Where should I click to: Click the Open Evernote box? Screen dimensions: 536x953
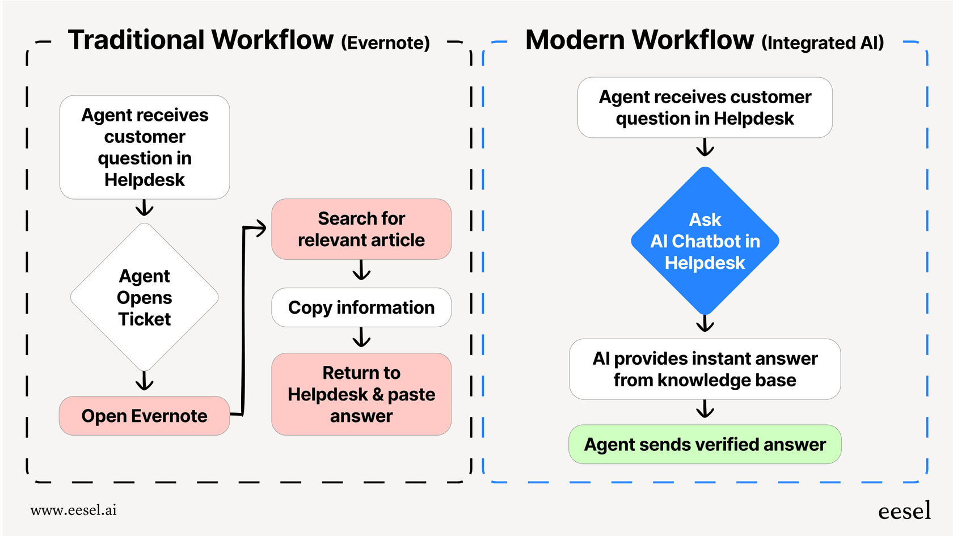coord(144,416)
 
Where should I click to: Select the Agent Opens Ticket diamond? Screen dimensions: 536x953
coord(144,297)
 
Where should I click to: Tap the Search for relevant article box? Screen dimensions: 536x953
coord(361,229)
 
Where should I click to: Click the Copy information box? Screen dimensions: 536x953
coord(361,307)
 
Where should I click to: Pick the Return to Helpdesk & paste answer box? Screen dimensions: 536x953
coord(361,394)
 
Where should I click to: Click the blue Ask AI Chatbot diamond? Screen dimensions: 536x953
coord(705,241)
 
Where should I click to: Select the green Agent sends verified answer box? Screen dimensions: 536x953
coord(705,444)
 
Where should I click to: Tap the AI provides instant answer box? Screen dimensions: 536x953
coord(705,369)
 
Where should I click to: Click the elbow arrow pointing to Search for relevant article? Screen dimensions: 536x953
coord(244,318)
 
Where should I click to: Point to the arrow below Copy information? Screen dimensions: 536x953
coord(361,339)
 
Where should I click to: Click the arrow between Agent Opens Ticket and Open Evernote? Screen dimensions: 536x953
coord(144,381)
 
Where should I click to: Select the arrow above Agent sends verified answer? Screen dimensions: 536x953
coord(705,409)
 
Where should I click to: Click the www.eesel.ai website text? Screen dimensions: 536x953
coord(73,510)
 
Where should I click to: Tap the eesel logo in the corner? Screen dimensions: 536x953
coord(904,511)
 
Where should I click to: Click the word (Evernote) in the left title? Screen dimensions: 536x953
coord(385,43)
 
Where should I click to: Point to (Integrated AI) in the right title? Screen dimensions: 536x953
coord(822,43)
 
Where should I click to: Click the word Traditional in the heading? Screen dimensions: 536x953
coord(136,40)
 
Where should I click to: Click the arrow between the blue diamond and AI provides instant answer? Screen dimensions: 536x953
coord(705,323)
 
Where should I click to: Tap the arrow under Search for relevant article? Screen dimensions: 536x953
coord(361,271)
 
